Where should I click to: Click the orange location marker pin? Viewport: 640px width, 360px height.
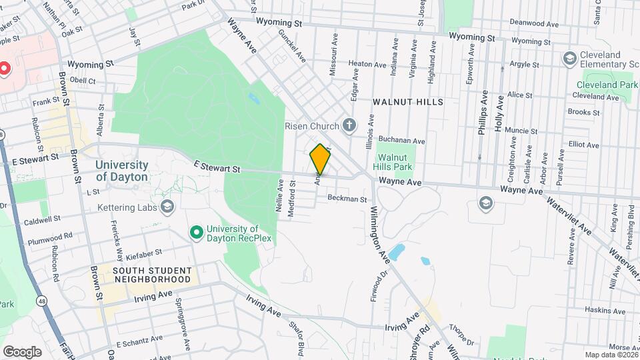click(x=321, y=159)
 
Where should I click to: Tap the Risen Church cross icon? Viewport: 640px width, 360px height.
click(x=349, y=125)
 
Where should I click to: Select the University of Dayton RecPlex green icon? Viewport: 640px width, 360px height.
click(x=196, y=232)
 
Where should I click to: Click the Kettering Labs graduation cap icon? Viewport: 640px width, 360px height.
click(x=167, y=207)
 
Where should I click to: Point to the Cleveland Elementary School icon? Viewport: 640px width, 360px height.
click(x=569, y=59)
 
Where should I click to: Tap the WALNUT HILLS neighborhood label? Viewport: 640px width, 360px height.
click(x=408, y=101)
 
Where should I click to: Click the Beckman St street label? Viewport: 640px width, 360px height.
click(x=347, y=199)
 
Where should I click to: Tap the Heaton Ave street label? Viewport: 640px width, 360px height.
click(x=372, y=65)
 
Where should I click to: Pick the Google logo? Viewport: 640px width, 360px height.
click(x=22, y=351)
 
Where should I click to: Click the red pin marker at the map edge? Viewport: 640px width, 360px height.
click(x=3, y=68)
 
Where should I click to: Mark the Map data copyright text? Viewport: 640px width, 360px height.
click(x=610, y=355)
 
